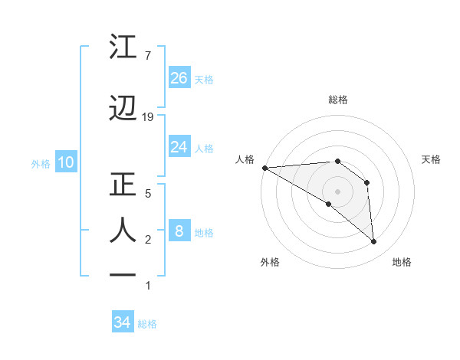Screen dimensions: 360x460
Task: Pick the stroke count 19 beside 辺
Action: pyautogui.click(x=149, y=116)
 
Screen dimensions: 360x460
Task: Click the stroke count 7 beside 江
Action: pyautogui.click(x=147, y=55)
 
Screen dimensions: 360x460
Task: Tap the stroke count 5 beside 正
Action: pyautogui.click(x=147, y=193)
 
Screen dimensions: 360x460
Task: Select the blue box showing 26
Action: pyautogui.click(x=179, y=77)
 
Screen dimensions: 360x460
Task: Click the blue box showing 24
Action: pyautogui.click(x=179, y=146)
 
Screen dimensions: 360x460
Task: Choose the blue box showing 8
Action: pyautogui.click(x=179, y=231)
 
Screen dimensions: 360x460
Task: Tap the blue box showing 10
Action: pyautogui.click(x=65, y=162)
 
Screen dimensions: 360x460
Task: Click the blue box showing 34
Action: pyautogui.click(x=123, y=322)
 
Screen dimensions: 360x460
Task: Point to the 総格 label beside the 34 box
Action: pyautogui.click(x=148, y=324)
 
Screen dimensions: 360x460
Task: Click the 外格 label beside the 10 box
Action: pyautogui.click(x=41, y=163)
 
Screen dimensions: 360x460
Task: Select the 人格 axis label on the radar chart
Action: pyautogui.click(x=245, y=159)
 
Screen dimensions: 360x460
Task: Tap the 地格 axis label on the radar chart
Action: pyautogui.click(x=402, y=262)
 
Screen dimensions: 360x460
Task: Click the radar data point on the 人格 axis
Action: pyautogui.click(x=264, y=168)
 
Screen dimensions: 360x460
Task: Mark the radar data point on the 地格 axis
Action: pyautogui.click(x=374, y=241)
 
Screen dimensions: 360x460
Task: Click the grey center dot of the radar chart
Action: pyautogui.click(x=337, y=191)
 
